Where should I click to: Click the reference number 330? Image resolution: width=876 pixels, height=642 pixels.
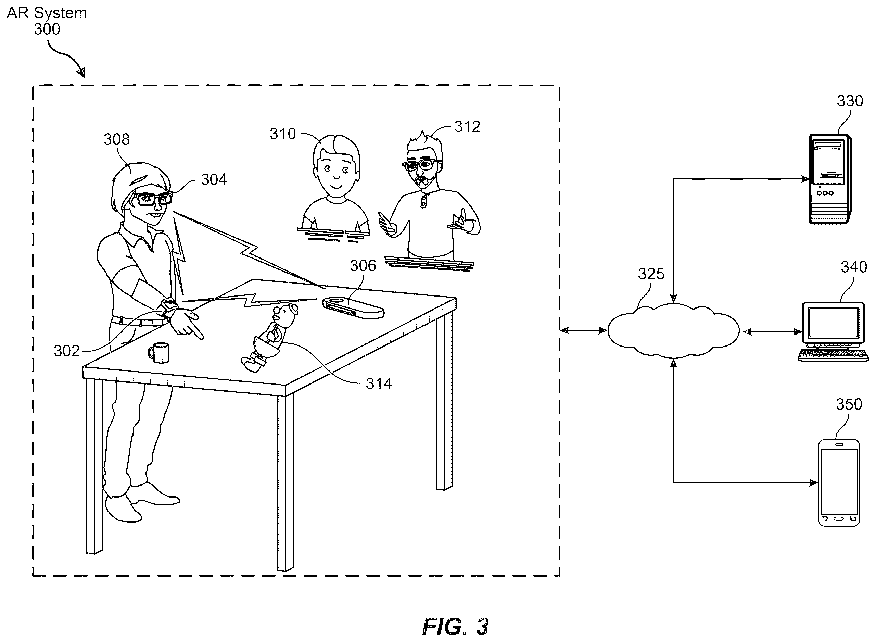[x=850, y=101]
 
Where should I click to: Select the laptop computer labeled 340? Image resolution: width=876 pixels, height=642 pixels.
[x=833, y=332]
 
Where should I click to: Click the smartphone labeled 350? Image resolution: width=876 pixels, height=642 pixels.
[x=839, y=483]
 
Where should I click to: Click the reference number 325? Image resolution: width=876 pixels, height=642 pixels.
[x=651, y=274]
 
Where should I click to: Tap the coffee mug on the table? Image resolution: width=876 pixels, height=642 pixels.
[x=159, y=352]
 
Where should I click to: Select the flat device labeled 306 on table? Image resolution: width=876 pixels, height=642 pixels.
[x=353, y=308]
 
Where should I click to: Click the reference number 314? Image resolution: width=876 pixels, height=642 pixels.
[x=379, y=384]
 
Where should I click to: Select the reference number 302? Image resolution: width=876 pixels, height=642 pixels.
[x=67, y=351]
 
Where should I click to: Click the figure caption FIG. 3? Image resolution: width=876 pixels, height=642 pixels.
[x=455, y=627]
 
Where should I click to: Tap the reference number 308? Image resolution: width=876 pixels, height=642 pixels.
[x=116, y=139]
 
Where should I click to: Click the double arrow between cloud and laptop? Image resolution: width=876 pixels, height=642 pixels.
[x=773, y=332]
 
